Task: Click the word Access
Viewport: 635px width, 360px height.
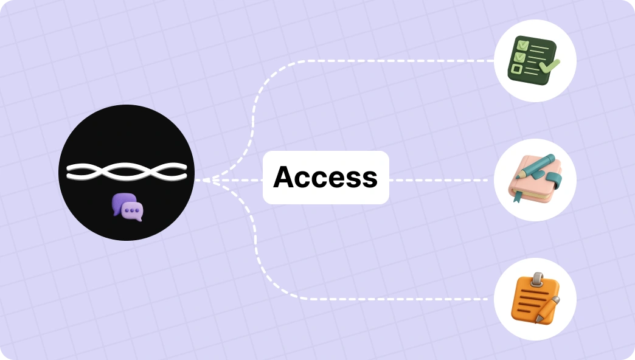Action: point(325,177)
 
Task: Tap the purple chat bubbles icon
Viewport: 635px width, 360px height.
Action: point(128,207)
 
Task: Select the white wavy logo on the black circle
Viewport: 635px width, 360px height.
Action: point(127,171)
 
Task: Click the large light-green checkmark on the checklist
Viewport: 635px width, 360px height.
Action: point(549,66)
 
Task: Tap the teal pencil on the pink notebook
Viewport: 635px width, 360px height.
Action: point(534,166)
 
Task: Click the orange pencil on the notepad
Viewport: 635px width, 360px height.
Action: point(547,310)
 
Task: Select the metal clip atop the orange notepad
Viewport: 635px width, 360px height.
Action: point(538,279)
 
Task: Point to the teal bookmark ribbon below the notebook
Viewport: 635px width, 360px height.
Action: point(517,196)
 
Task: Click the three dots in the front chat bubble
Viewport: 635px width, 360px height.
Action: point(134,210)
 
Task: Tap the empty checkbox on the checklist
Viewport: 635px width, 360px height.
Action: point(516,69)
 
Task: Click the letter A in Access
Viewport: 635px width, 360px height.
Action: point(285,177)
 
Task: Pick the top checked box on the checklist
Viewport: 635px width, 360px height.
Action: point(522,45)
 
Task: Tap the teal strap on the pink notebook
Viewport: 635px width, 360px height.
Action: point(553,180)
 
